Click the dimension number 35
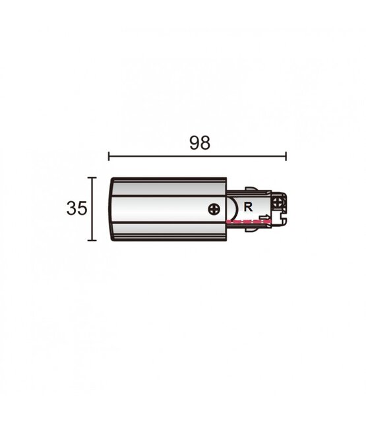76,209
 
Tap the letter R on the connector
248,206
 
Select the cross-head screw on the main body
214,210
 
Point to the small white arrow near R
264,218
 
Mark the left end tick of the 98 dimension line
109,156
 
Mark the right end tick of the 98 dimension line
286,156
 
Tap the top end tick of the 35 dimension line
93,177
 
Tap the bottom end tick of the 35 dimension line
93,241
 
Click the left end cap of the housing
113,209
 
